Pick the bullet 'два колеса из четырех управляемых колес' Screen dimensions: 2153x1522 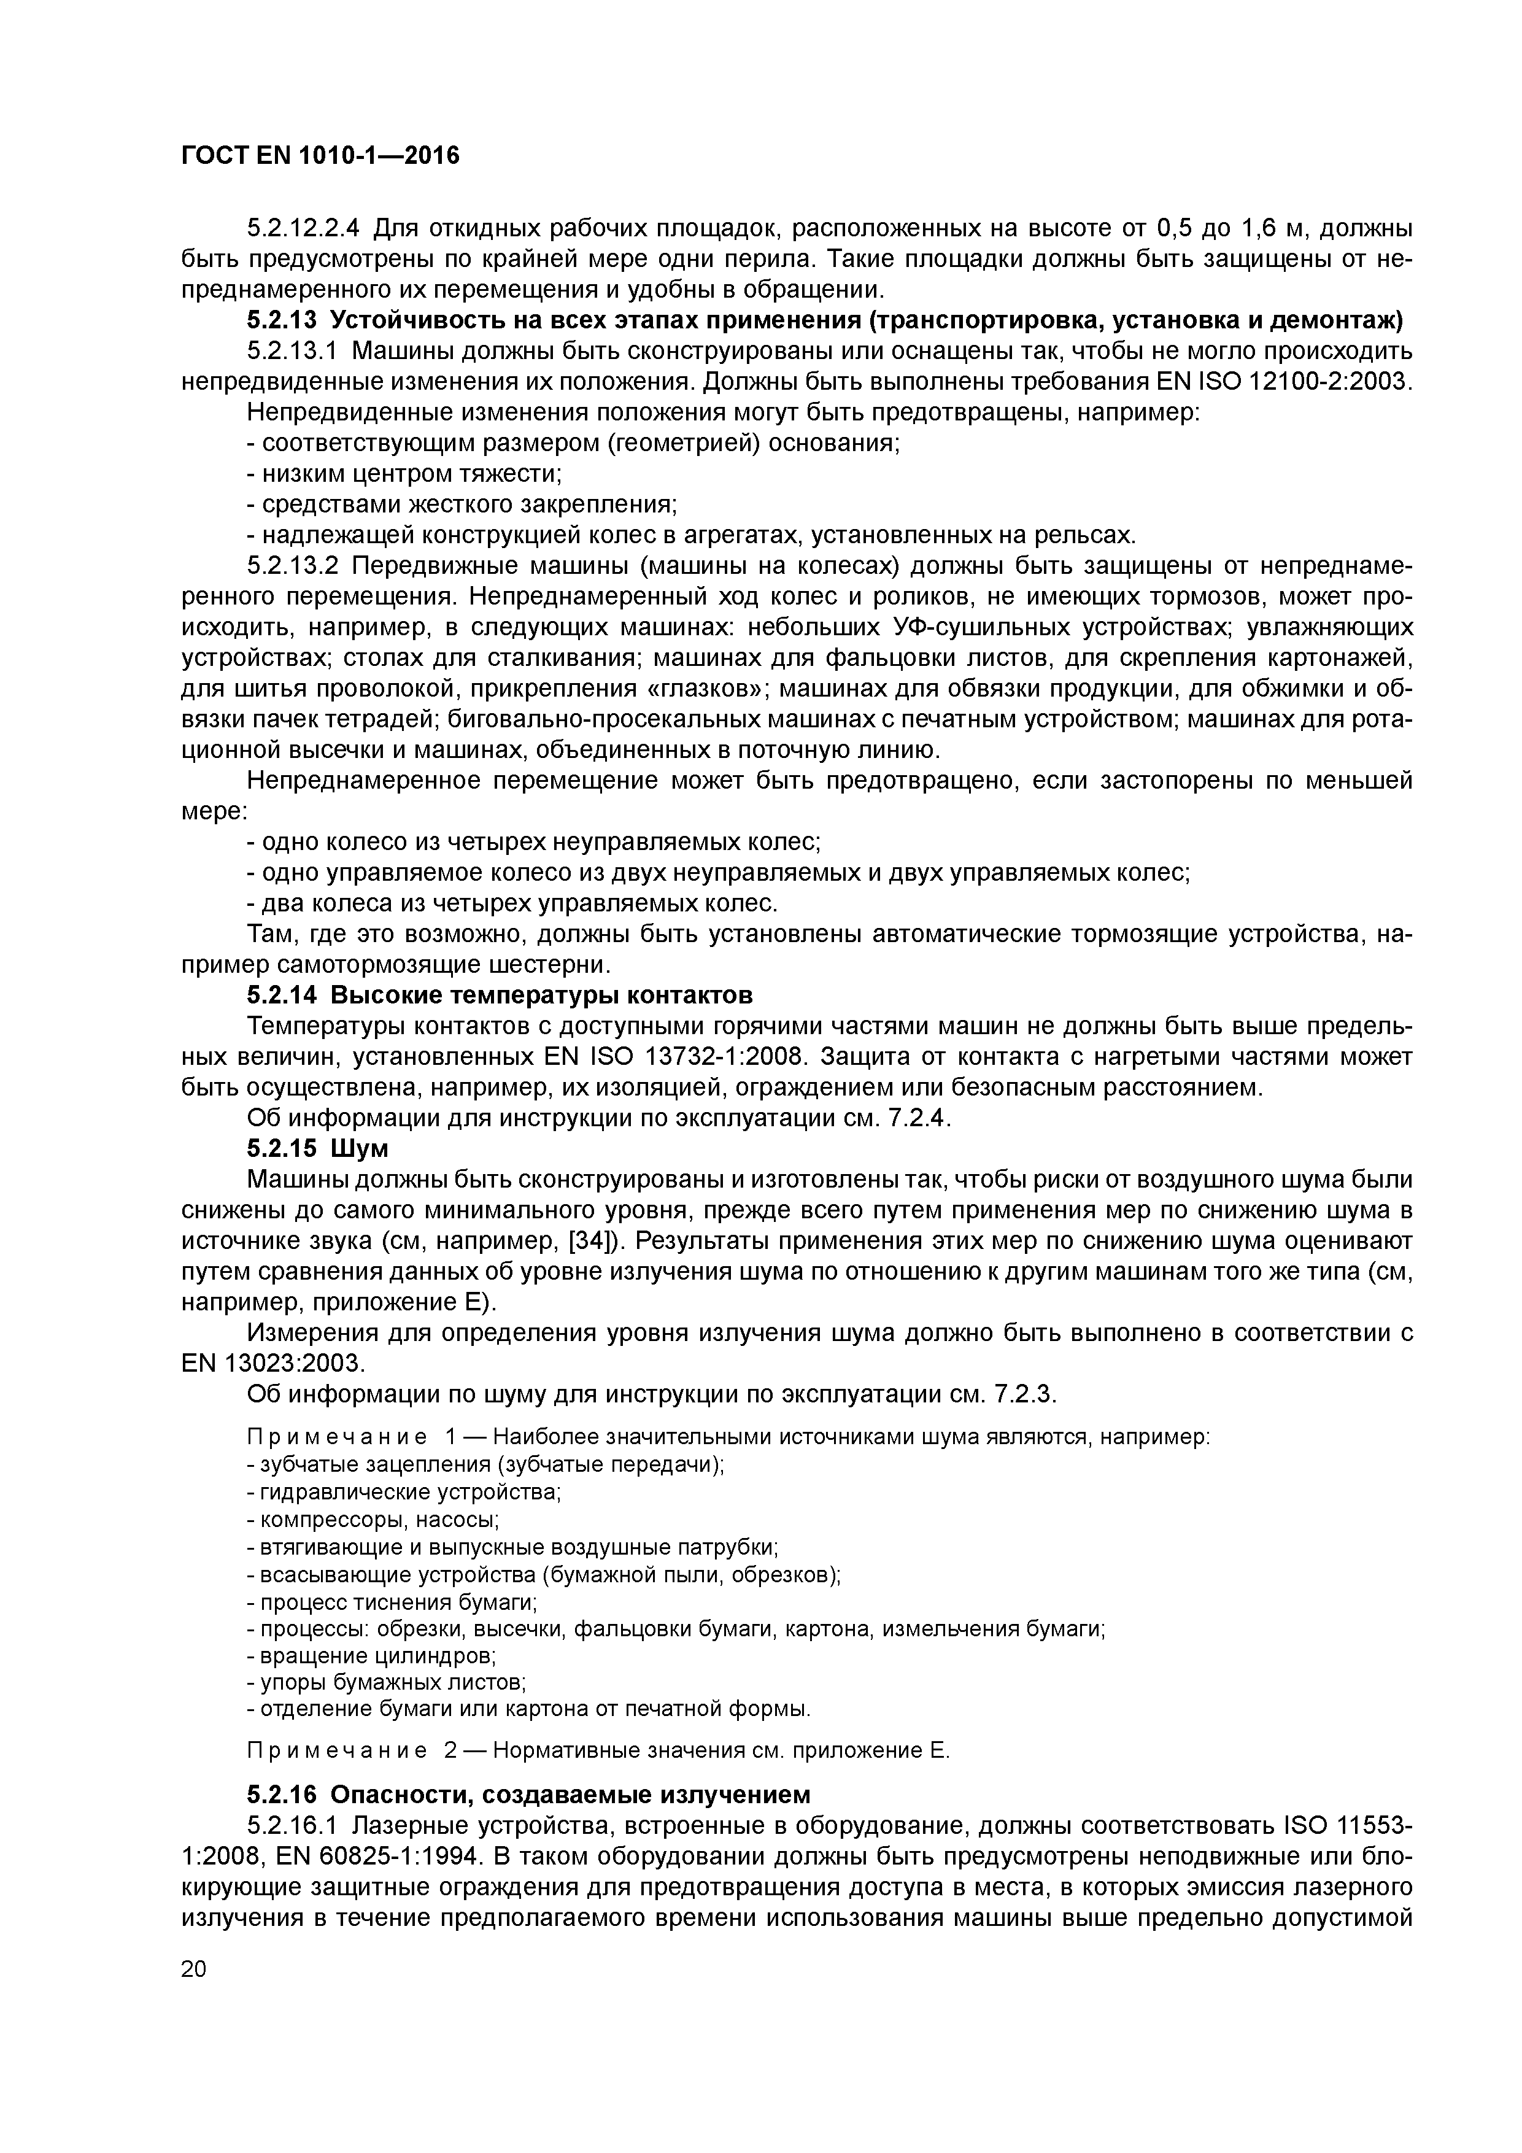click(512, 904)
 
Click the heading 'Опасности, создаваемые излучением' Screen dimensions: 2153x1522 click(570, 1795)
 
